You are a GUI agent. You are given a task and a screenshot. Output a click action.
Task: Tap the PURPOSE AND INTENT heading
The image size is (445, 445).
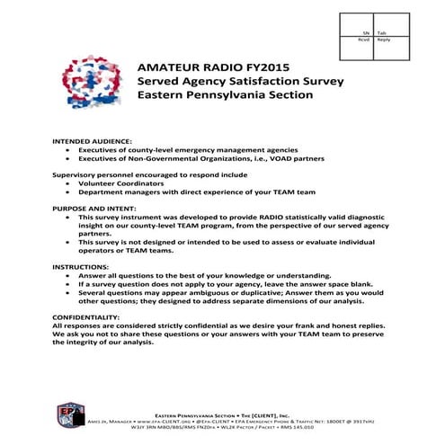(96, 208)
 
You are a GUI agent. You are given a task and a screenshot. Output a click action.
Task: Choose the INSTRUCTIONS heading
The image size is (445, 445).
(82, 267)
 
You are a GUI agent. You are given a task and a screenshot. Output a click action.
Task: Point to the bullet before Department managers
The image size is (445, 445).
(70, 191)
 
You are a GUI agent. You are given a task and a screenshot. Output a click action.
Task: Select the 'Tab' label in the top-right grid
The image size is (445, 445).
(382, 32)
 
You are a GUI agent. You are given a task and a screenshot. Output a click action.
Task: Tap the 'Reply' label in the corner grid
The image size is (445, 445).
(384, 40)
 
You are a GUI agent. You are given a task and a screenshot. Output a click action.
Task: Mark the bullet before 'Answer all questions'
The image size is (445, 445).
(70, 275)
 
